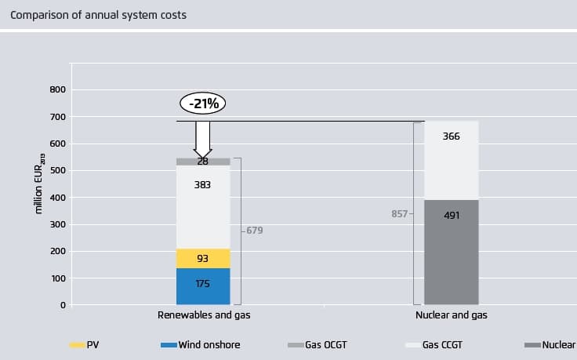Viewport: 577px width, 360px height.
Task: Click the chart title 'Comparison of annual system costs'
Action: [98, 15]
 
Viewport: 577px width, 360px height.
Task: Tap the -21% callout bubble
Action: [203, 103]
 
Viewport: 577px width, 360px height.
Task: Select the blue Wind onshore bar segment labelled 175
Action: [203, 285]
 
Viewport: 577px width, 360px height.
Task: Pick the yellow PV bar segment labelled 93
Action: [203, 259]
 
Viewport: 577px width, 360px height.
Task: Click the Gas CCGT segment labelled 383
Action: [203, 207]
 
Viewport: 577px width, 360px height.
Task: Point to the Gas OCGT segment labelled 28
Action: [203, 162]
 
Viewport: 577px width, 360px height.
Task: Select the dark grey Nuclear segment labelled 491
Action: [451, 252]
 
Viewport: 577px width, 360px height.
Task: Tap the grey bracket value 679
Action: [253, 231]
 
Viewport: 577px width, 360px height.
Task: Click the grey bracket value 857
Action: [399, 213]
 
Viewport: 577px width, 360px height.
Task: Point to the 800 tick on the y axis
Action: [56, 90]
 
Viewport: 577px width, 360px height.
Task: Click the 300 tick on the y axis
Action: [56, 225]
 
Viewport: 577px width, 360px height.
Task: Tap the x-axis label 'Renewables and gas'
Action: [203, 315]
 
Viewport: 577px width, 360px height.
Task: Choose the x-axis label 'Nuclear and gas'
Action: [451, 315]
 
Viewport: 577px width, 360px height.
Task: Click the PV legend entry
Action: [86, 344]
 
